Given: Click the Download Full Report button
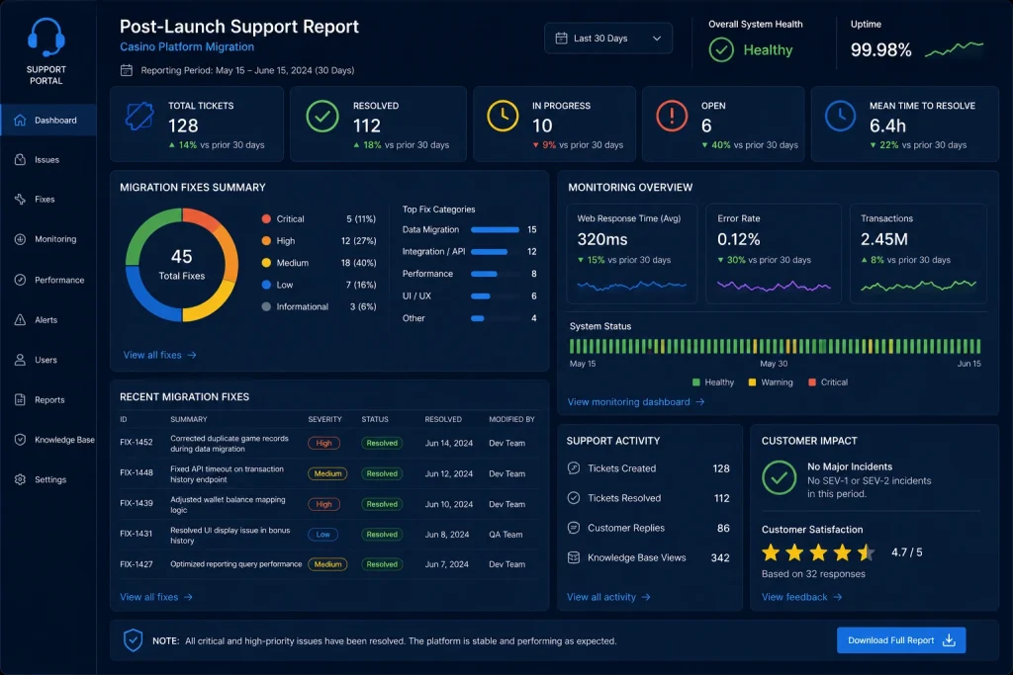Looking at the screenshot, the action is click(900, 640).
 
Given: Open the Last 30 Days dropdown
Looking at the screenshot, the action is click(608, 39).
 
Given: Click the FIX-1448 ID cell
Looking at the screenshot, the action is click(137, 472).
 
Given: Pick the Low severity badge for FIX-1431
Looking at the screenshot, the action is click(323, 535).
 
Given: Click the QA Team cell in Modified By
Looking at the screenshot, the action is click(506, 535).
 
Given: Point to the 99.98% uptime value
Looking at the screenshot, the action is click(880, 49).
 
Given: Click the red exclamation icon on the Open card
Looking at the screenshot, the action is click(672, 117).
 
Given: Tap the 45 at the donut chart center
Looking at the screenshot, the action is click(182, 256).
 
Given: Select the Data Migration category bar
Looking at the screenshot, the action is click(495, 229).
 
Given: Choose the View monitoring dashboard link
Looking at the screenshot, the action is click(636, 402).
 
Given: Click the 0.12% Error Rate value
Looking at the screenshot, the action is click(738, 239).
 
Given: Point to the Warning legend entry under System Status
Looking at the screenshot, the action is click(770, 382).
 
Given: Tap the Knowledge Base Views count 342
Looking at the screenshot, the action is click(720, 557).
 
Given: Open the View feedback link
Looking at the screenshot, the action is click(801, 597).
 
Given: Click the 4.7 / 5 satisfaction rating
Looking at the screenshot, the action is click(906, 552).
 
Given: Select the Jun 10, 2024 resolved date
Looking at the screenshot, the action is click(449, 504).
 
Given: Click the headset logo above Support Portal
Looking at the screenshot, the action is click(46, 38).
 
